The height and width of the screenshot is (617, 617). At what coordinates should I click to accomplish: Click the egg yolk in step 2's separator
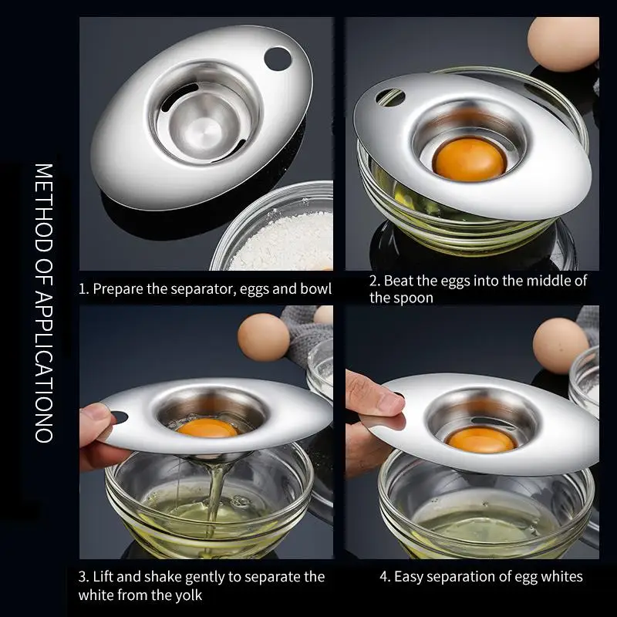point(469,160)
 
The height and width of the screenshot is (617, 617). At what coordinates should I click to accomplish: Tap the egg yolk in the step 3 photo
point(207,428)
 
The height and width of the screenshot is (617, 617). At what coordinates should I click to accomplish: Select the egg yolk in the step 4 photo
point(480,440)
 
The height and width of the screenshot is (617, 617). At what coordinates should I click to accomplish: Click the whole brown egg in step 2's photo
point(563,43)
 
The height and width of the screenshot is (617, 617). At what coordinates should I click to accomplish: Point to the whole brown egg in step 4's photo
point(561,345)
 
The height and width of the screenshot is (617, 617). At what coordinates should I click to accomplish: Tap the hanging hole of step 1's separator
point(278,59)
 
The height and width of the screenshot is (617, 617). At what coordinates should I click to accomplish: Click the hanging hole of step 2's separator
point(389,97)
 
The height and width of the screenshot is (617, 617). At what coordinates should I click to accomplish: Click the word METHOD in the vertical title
point(44,207)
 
